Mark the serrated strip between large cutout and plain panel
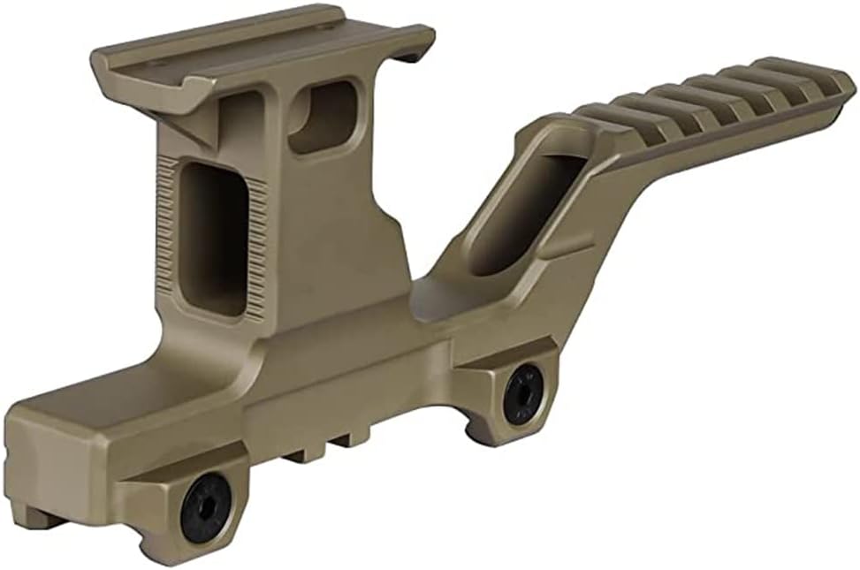click(x=256, y=247)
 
